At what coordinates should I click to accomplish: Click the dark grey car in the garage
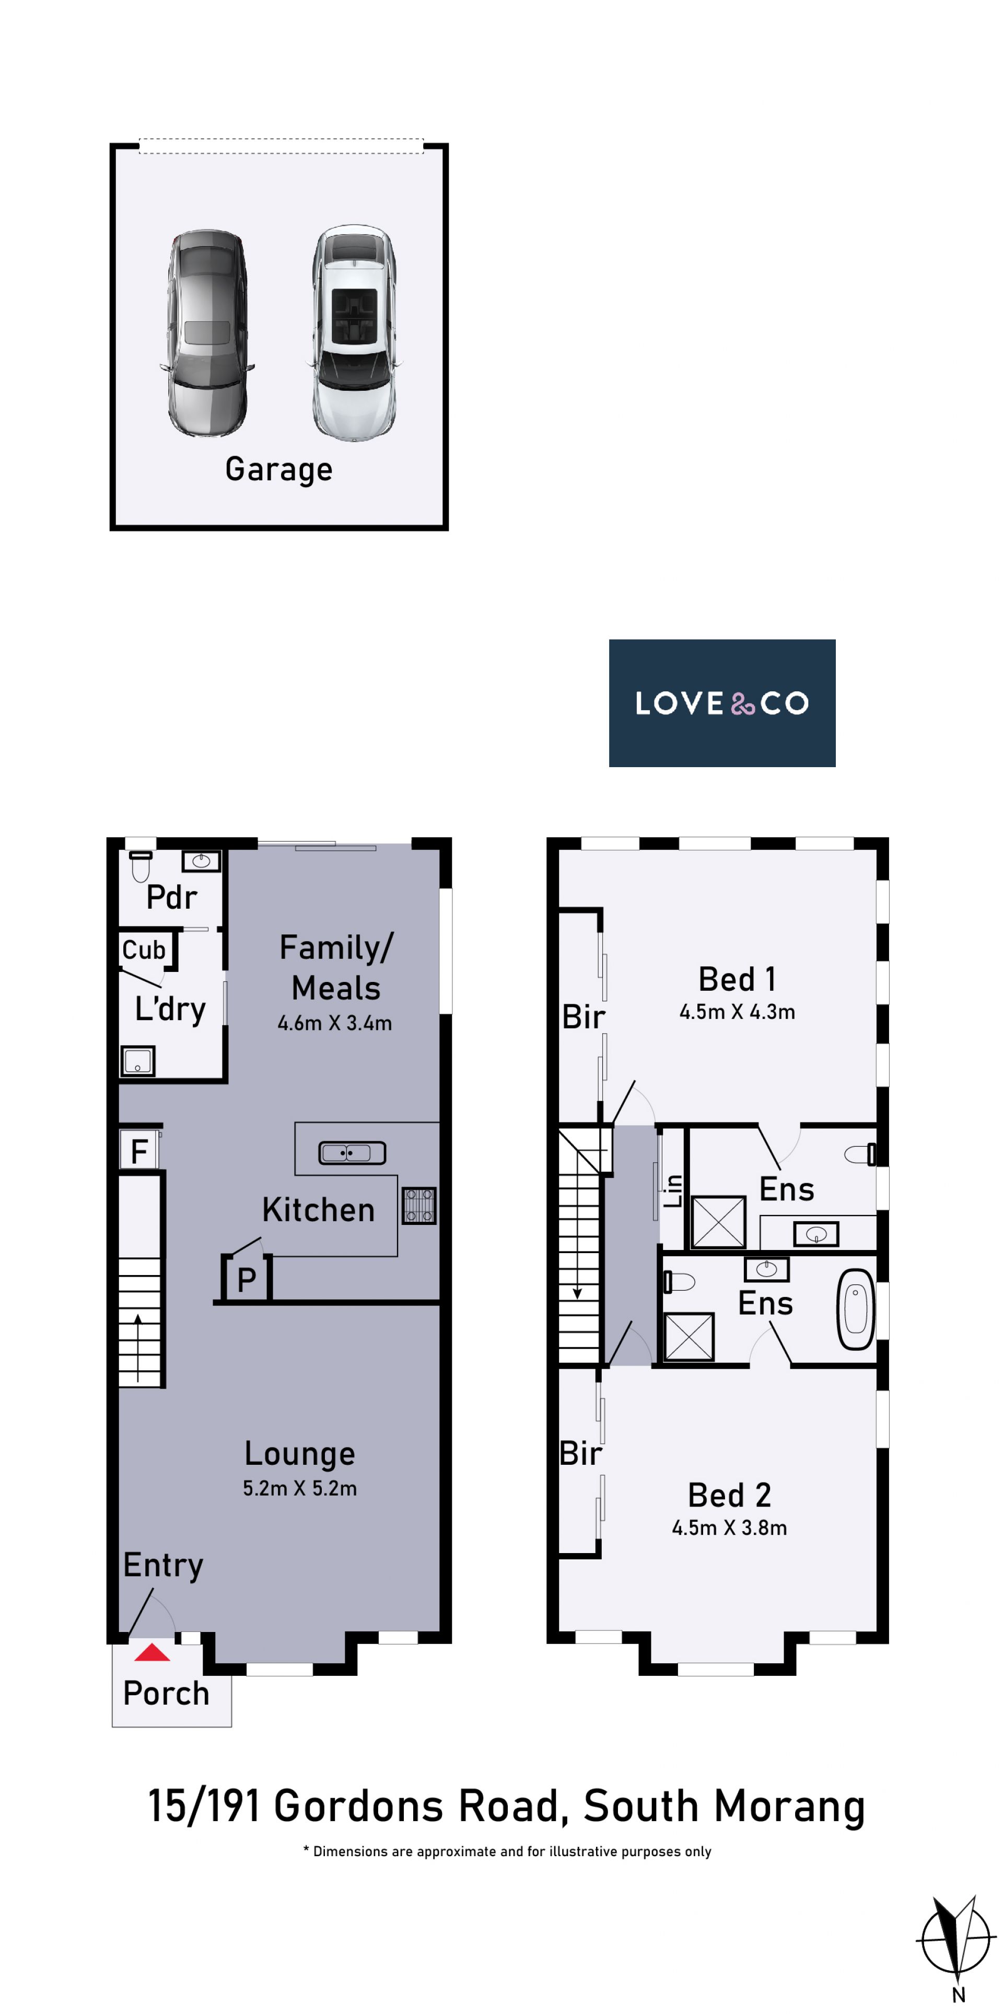206,332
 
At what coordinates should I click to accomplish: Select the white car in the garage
354,333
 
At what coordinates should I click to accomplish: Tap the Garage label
279,469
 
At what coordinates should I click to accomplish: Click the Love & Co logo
721,703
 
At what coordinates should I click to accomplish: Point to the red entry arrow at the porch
151,1653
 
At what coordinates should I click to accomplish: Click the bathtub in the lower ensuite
855,1310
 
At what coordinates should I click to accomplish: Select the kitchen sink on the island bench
352,1152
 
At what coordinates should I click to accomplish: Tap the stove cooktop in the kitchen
419,1206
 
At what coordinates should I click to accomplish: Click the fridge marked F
139,1150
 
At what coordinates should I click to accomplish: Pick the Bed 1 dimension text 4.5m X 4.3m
737,1012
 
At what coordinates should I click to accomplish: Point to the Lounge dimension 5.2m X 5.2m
299,1489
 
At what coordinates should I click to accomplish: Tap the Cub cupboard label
144,950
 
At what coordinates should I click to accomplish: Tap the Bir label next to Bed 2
581,1453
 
